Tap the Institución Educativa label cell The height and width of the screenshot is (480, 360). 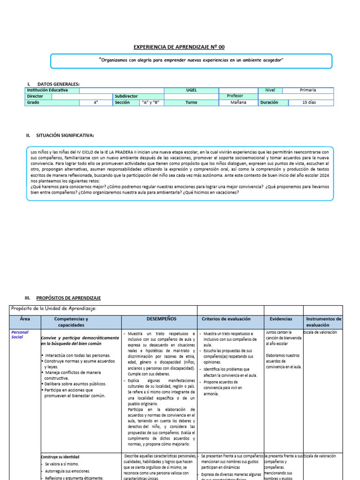point(47,90)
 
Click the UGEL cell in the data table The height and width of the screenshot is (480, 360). point(191,90)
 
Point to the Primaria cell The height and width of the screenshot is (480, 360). point(309,90)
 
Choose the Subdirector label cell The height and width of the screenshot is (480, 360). point(127,96)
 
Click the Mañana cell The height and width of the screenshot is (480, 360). point(238,102)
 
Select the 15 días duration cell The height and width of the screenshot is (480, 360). point(309,102)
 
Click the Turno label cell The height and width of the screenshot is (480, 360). point(191,102)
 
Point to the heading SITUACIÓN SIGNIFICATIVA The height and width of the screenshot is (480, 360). point(65,135)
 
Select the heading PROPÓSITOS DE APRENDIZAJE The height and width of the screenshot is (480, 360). point(68,298)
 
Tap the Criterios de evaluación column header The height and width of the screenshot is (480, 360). point(226,319)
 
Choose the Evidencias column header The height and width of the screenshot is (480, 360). point(281,319)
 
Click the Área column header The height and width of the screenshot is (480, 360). point(25,318)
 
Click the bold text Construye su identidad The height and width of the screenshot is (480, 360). point(60,457)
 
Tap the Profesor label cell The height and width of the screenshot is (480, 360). point(235,96)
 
